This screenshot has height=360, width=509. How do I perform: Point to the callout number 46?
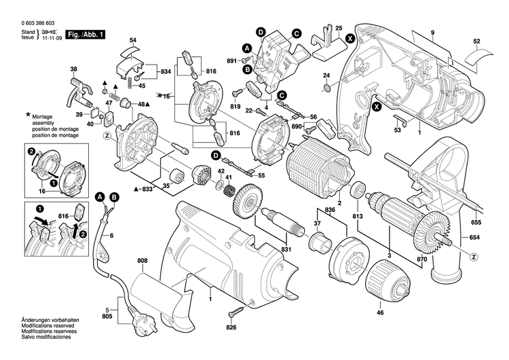coord(380,312)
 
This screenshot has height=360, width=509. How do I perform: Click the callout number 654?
coord(474,237)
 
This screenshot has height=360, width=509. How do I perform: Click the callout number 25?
coord(339,26)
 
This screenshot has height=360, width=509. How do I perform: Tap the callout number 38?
coord(73,69)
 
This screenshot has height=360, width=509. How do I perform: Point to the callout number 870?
coord(421,260)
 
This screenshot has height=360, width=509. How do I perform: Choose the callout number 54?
coord(133,41)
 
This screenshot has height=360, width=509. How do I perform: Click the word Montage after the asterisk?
coord(45,117)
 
